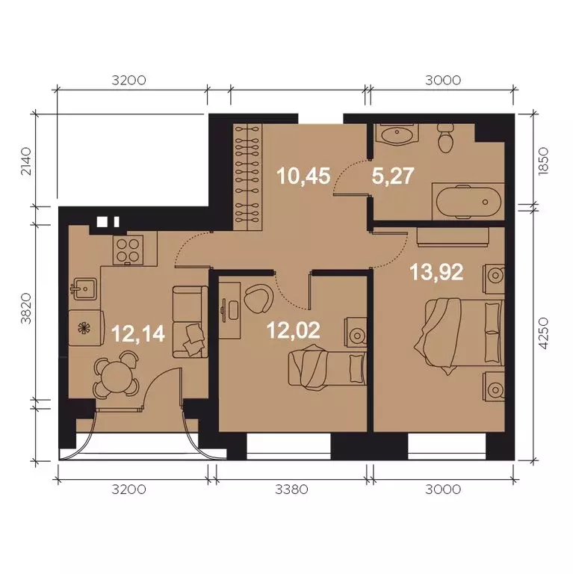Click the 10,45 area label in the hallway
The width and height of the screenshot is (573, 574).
click(304, 176)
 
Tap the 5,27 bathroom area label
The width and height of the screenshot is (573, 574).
click(393, 176)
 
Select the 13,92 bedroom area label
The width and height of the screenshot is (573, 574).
click(436, 272)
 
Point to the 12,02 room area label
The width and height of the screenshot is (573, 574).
click(294, 330)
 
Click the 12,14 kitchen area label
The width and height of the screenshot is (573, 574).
click(138, 333)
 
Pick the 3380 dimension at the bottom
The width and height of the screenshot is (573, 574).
click(291, 489)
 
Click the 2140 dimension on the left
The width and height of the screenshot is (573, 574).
click(26, 161)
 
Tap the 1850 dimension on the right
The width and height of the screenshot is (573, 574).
click(544, 161)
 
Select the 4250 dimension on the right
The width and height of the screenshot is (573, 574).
click(544, 333)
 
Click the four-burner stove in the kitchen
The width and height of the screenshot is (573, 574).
click(128, 250)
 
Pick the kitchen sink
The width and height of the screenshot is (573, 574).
click(84, 288)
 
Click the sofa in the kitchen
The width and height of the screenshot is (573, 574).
click(190, 322)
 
